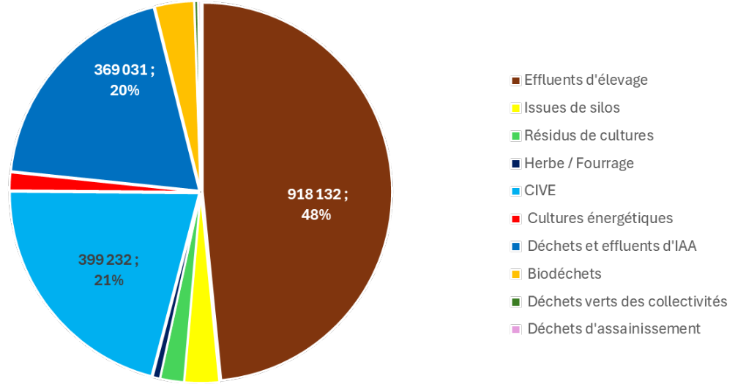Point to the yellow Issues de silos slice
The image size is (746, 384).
click(201, 366)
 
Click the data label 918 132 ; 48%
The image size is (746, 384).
click(316, 204)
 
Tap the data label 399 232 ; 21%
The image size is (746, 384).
click(108, 269)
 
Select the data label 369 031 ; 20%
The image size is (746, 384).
click(124, 80)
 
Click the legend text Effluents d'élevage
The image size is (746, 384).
click(586, 80)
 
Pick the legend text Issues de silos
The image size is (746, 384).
click(572, 108)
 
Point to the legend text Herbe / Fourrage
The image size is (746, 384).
click(579, 163)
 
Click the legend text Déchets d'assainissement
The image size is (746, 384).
click(613, 328)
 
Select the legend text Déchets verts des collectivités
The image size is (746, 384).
click(627, 301)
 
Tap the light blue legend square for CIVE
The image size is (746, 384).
click(516, 192)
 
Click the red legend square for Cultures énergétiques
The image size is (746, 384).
click(516, 219)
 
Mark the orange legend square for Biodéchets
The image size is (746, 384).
click(516, 274)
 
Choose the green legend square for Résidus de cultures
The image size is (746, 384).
click(516, 136)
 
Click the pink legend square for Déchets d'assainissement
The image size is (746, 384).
click(516, 329)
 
